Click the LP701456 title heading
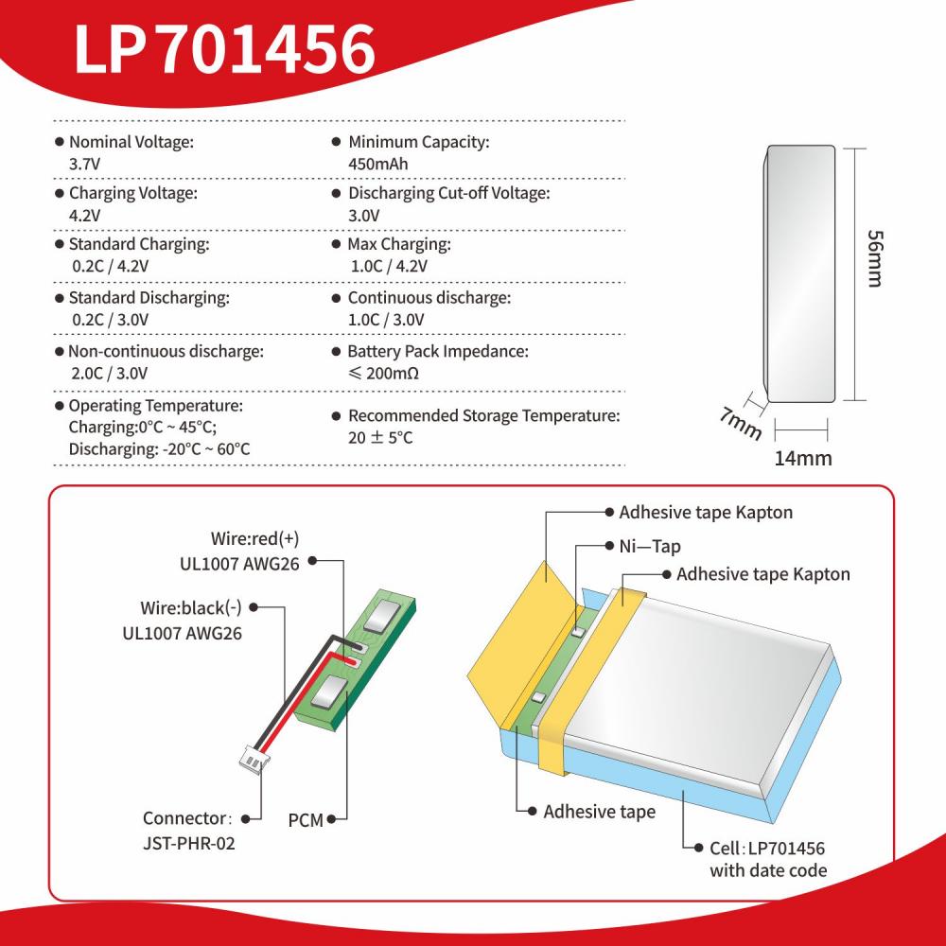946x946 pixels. click(x=224, y=49)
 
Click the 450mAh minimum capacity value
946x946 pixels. click(x=378, y=164)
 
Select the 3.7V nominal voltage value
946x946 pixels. click(x=84, y=164)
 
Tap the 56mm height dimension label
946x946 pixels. click(x=875, y=258)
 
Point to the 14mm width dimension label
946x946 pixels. click(x=803, y=459)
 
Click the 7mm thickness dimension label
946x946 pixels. click(x=741, y=423)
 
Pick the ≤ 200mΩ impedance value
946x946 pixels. click(x=384, y=374)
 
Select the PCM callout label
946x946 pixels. click(x=306, y=820)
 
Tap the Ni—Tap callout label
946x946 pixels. click(x=650, y=547)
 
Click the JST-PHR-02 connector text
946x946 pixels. click(x=189, y=843)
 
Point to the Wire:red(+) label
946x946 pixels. click(x=254, y=538)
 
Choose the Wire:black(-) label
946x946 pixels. click(x=191, y=607)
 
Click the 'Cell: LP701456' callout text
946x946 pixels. click(x=767, y=849)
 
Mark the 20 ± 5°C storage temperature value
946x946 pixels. click(x=380, y=437)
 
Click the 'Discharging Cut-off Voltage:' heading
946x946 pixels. click(x=448, y=194)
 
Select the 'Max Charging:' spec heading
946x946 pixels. click(x=399, y=244)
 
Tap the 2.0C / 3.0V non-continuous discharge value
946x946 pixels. click(x=109, y=374)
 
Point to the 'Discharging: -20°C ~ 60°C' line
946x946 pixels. click(x=159, y=449)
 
